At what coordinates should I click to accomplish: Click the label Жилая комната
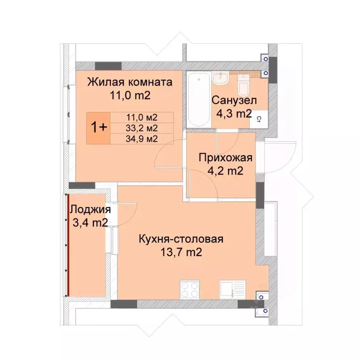click(130, 82)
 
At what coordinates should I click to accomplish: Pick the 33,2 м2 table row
click(142, 127)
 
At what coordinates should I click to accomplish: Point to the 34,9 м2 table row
click(142, 138)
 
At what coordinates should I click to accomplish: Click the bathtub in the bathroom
click(198, 99)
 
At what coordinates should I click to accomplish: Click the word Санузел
click(233, 100)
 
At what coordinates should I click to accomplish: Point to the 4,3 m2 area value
click(233, 113)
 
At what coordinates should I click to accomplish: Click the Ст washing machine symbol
click(259, 120)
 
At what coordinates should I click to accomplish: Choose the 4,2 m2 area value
click(225, 171)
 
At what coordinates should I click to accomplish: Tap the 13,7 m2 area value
click(180, 253)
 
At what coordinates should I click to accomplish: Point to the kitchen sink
click(232, 288)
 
